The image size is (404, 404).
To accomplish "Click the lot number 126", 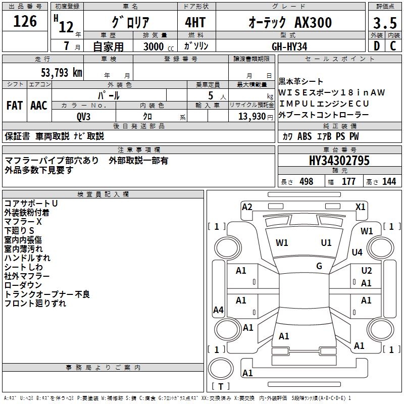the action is (x=25, y=21).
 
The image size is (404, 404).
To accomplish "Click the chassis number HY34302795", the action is (x=339, y=161).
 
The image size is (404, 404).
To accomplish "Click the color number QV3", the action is (x=84, y=116).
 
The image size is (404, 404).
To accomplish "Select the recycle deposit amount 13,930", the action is (x=251, y=116).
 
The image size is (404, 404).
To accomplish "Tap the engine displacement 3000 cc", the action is (x=156, y=46).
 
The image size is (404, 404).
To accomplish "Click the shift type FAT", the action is (x=14, y=106).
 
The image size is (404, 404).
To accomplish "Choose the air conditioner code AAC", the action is (x=39, y=106).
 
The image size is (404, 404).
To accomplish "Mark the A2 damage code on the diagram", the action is (x=247, y=207).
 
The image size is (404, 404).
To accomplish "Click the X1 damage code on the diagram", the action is (x=361, y=207).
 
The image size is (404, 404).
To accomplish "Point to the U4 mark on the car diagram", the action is (x=357, y=252).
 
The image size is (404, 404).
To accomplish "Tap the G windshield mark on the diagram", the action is (x=319, y=266).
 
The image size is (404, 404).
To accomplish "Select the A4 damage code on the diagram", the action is (x=218, y=310).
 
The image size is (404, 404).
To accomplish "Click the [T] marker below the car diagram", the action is (x=221, y=387).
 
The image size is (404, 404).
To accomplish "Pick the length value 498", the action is (x=306, y=182).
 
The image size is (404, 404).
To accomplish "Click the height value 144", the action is (x=389, y=182).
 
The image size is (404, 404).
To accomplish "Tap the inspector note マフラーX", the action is (x=23, y=222).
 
